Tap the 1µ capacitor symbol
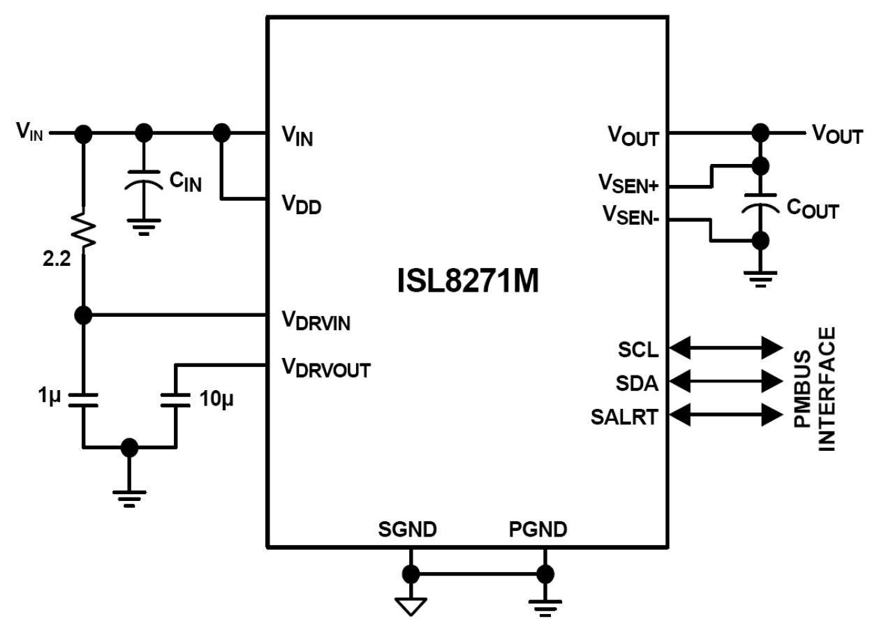(83, 399)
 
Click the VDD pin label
(301, 205)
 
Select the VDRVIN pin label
(316, 322)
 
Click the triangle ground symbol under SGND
(411, 605)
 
